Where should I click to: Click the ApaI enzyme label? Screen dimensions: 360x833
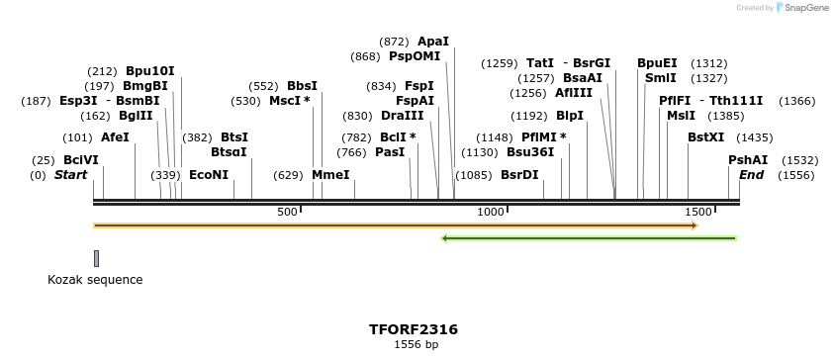click(x=433, y=42)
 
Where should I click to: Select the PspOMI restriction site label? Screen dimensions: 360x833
click(x=415, y=56)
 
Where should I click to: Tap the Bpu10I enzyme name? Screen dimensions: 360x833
click(x=149, y=70)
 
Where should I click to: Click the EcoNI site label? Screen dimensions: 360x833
click(x=209, y=175)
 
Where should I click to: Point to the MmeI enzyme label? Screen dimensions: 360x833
click(x=330, y=175)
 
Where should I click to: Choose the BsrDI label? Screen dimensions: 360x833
click(x=519, y=175)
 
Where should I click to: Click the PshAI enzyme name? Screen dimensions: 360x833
click(x=748, y=160)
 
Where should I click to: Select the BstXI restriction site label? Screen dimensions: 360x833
click(x=706, y=137)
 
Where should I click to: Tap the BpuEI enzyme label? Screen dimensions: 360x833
click(x=657, y=62)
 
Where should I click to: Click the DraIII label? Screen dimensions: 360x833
click(x=403, y=116)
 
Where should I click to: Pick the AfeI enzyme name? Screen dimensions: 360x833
click(x=115, y=137)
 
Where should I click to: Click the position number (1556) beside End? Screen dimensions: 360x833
click(x=795, y=175)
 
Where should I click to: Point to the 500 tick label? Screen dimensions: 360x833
click(x=288, y=212)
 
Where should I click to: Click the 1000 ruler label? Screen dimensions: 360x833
click(x=492, y=212)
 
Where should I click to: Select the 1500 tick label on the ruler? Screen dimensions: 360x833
click(x=698, y=212)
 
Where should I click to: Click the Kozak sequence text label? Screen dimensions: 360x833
click(x=95, y=280)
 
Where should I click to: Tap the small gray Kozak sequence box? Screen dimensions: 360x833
click(x=96, y=258)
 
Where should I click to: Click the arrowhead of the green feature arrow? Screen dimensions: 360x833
click(x=446, y=238)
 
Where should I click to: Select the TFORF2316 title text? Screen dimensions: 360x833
click(x=414, y=329)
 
